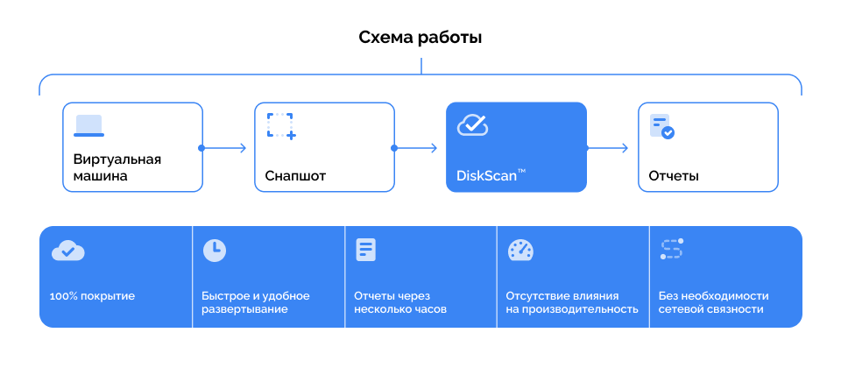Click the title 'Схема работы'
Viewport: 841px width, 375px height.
click(420, 38)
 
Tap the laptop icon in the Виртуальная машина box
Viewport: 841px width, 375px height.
click(89, 125)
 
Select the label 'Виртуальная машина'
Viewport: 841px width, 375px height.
click(117, 168)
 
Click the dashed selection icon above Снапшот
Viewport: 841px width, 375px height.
click(281, 126)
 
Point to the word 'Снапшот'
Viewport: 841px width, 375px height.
click(295, 176)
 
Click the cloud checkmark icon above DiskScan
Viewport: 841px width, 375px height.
click(472, 125)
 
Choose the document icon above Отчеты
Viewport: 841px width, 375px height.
click(662, 127)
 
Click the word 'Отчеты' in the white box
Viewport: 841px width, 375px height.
click(674, 176)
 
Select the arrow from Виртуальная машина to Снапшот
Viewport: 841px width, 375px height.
click(223, 148)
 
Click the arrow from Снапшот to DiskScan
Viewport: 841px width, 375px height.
click(415, 148)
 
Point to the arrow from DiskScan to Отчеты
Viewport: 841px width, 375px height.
click(607, 148)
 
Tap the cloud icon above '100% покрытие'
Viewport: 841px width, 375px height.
click(68, 251)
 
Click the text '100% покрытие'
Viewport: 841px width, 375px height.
click(92, 296)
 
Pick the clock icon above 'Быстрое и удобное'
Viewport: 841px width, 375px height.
click(215, 251)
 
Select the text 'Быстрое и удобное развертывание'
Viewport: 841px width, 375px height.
click(256, 302)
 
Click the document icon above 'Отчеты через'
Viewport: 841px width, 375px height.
click(366, 250)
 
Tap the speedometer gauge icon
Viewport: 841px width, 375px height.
click(520, 250)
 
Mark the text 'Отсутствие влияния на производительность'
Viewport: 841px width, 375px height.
click(572, 302)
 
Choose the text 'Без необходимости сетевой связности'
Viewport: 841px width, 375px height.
click(713, 302)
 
